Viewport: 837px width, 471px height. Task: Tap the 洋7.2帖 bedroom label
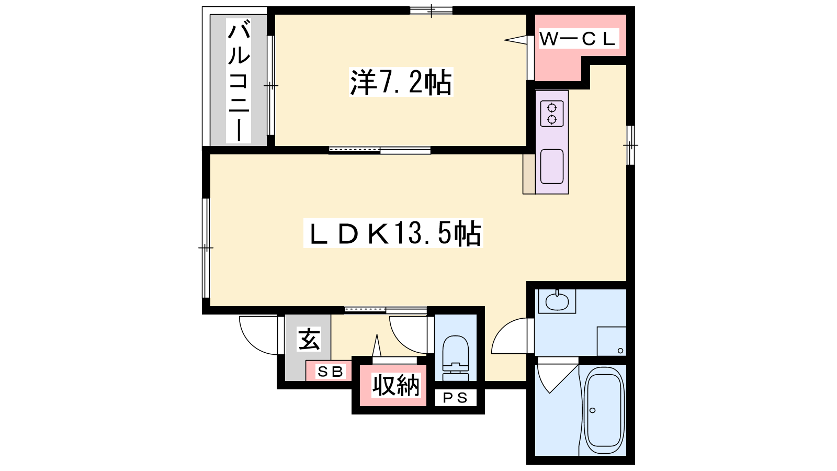coord(401,82)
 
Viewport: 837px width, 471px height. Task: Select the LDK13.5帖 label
coord(393,233)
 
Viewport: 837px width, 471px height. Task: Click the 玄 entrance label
coord(309,339)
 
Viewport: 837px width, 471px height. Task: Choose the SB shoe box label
coord(330,372)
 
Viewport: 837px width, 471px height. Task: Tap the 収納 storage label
coord(396,385)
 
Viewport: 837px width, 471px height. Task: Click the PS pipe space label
coord(456,398)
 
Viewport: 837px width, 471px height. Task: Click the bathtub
coord(604,410)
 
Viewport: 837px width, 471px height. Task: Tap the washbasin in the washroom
coord(557,301)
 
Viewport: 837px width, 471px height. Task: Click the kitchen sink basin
coord(552,167)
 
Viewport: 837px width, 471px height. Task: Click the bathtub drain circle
coord(592,410)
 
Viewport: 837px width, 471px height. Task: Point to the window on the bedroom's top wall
coord(431,10)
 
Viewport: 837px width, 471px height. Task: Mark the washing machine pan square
coord(612,341)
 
